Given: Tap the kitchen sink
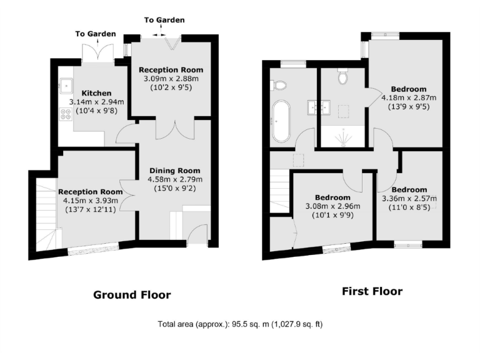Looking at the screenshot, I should click(66, 83).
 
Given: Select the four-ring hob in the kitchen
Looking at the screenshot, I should click(65, 114).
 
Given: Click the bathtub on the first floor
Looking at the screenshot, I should click(280, 120).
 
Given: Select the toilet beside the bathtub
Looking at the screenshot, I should click(279, 84).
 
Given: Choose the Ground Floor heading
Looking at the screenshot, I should click(131, 295).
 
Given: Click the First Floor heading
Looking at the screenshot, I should click(372, 291).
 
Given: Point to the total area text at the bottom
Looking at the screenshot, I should click(240, 325).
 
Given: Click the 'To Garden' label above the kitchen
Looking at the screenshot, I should click(91, 34).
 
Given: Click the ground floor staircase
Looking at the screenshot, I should click(45, 212).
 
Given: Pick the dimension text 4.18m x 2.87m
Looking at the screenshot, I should click(409, 97).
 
